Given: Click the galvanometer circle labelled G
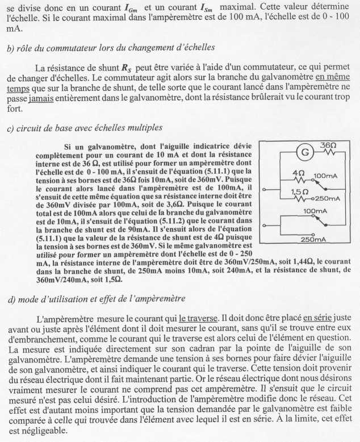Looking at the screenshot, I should tap(305, 153).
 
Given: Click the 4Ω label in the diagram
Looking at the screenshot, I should tap(299, 172).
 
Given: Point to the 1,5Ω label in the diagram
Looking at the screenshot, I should tap(299, 191).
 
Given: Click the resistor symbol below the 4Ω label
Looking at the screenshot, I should tap(300, 179).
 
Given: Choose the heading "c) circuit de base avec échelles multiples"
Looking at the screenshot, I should tap(85, 128).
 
